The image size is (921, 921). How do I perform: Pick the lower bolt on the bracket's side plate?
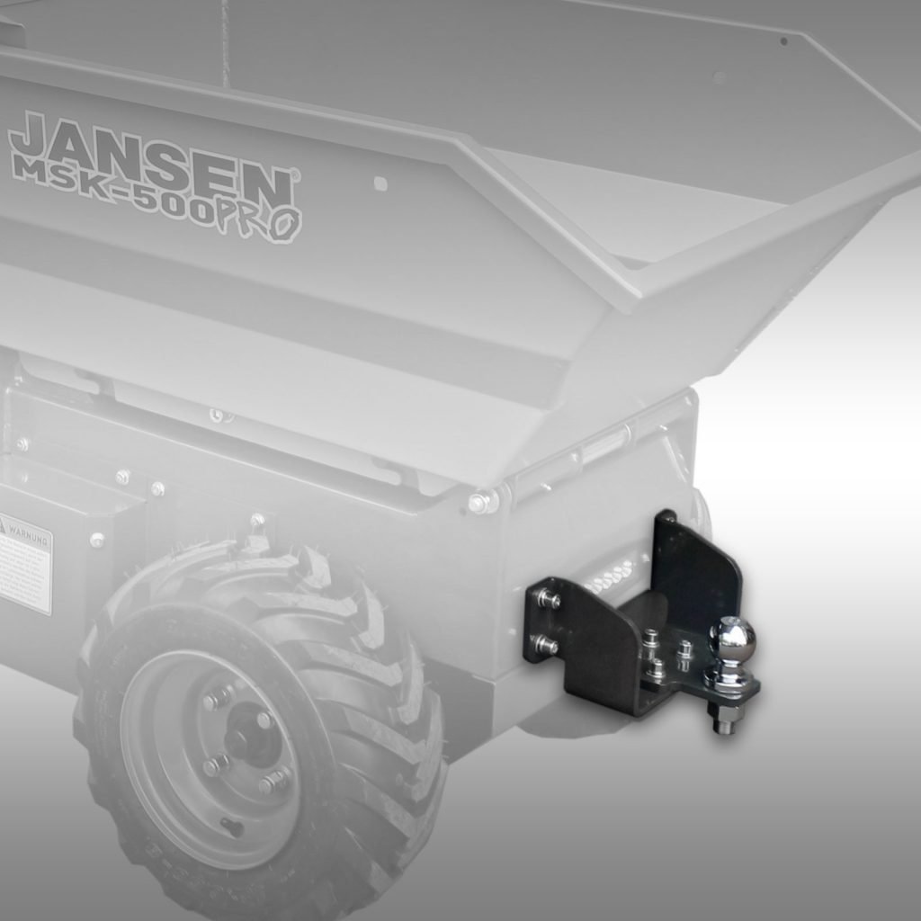pos(545,644)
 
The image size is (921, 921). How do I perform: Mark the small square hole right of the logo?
pos(380,183)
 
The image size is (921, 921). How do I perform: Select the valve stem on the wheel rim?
pos(232,824)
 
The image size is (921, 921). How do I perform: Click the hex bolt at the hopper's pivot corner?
pos(479,502)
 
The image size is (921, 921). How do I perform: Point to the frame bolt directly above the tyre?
pos(257,521)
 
